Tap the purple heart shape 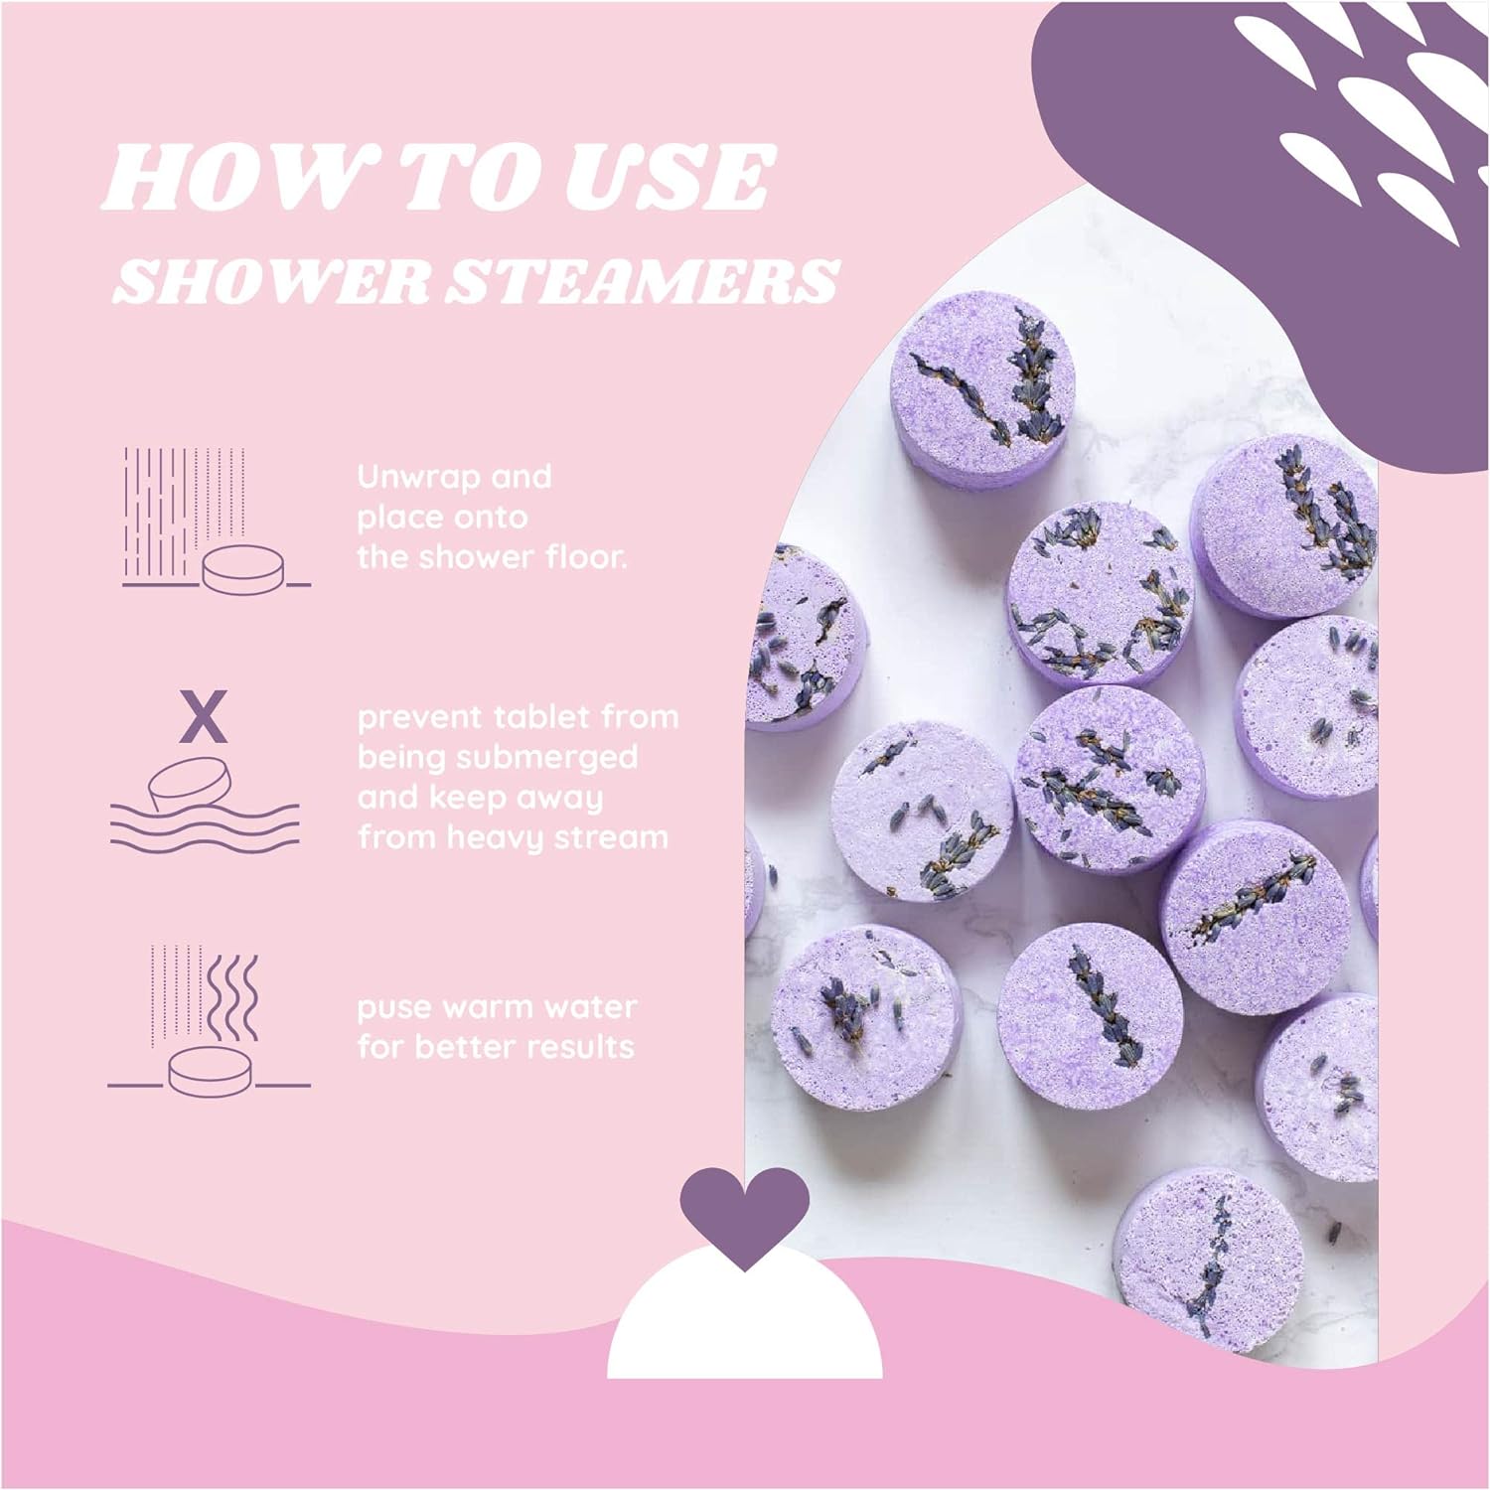(744, 1214)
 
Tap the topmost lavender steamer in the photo (981, 382)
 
